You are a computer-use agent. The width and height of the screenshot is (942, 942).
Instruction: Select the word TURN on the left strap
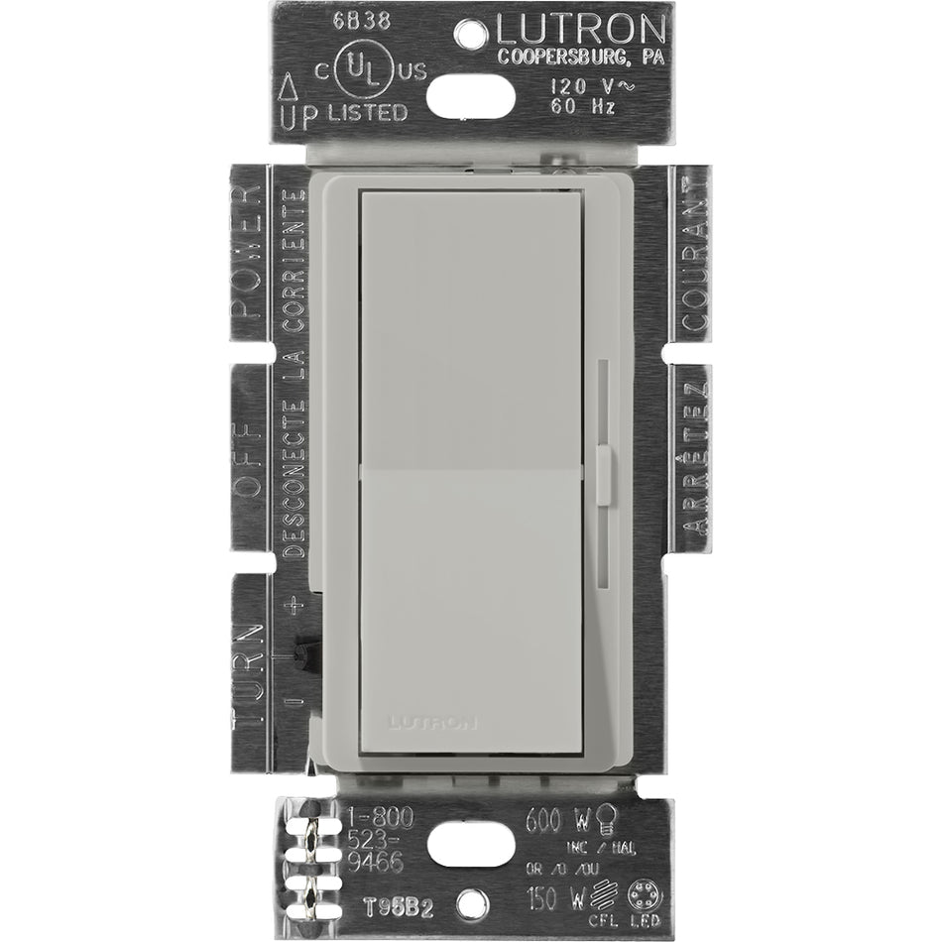point(248,674)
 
